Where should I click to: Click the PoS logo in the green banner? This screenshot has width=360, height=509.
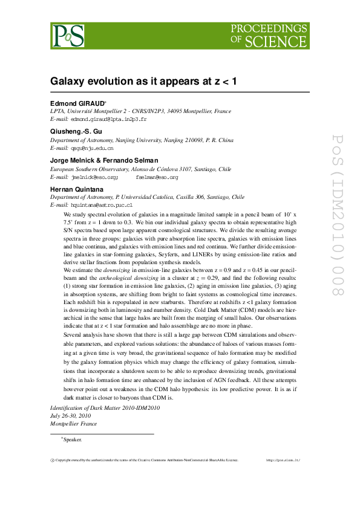(x=67, y=35)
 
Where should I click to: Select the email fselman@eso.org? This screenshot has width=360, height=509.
(x=157, y=178)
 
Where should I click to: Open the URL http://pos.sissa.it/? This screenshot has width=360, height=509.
(x=283, y=460)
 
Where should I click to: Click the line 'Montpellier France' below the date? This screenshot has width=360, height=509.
(x=74, y=424)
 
